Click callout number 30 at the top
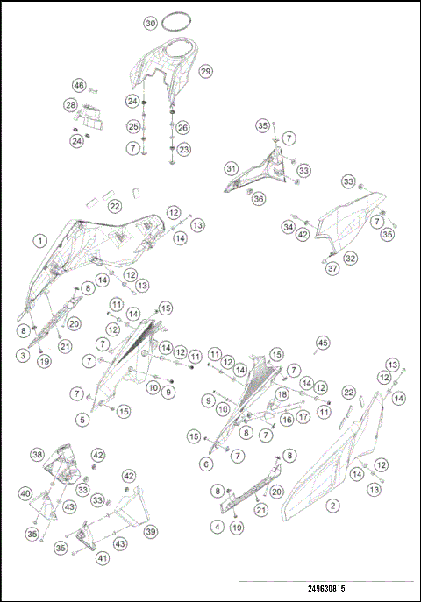tap(151, 22)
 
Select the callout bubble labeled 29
tap(206, 71)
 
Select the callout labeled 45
tap(322, 342)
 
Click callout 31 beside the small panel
tap(231, 168)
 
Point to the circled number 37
tap(332, 268)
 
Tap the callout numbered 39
tap(151, 532)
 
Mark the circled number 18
tap(282, 395)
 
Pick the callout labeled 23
tap(183, 150)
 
